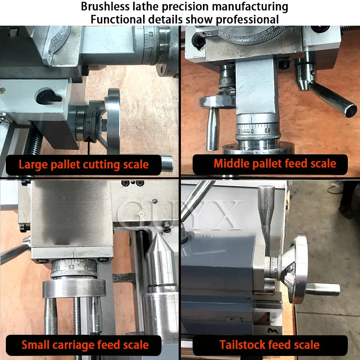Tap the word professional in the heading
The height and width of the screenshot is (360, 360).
[247, 20]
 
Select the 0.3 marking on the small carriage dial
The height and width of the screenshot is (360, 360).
[72, 267]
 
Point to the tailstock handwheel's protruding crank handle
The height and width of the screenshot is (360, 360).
[323, 289]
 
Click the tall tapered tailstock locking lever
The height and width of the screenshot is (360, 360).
[266, 220]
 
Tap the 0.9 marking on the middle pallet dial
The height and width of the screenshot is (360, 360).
[267, 131]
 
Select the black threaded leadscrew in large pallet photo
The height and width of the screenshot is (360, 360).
[32, 142]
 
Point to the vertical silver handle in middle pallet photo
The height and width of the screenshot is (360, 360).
[212, 129]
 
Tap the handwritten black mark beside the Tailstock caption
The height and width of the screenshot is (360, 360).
[273, 331]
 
